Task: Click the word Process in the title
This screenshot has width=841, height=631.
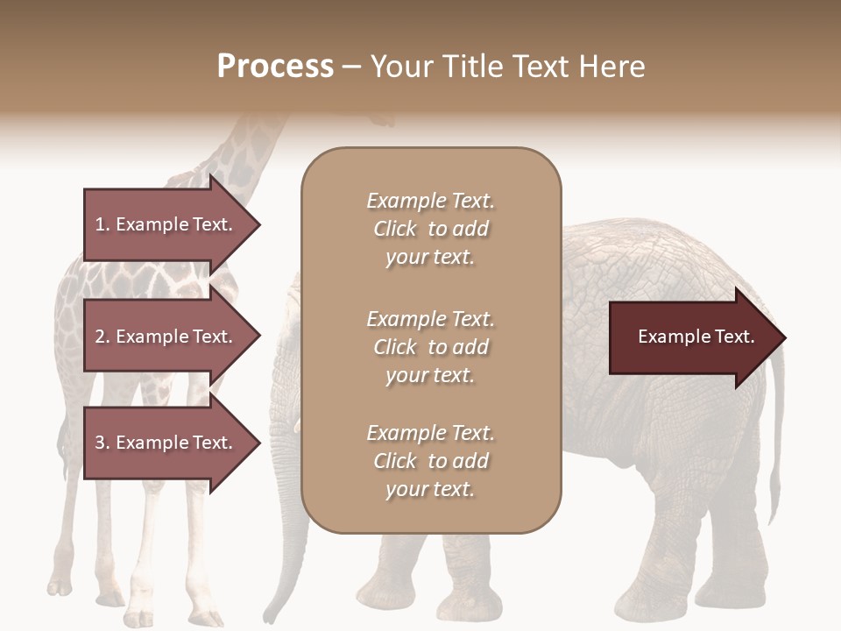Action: (275, 67)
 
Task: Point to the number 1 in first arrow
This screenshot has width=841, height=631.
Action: (100, 224)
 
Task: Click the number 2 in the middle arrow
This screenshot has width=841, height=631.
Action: (100, 337)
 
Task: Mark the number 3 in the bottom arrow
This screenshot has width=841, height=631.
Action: (100, 443)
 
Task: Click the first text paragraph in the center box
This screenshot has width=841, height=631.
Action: (430, 229)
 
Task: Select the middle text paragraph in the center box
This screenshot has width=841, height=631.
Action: (430, 347)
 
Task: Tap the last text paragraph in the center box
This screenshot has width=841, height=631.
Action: (430, 461)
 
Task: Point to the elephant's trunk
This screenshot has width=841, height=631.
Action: (293, 491)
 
